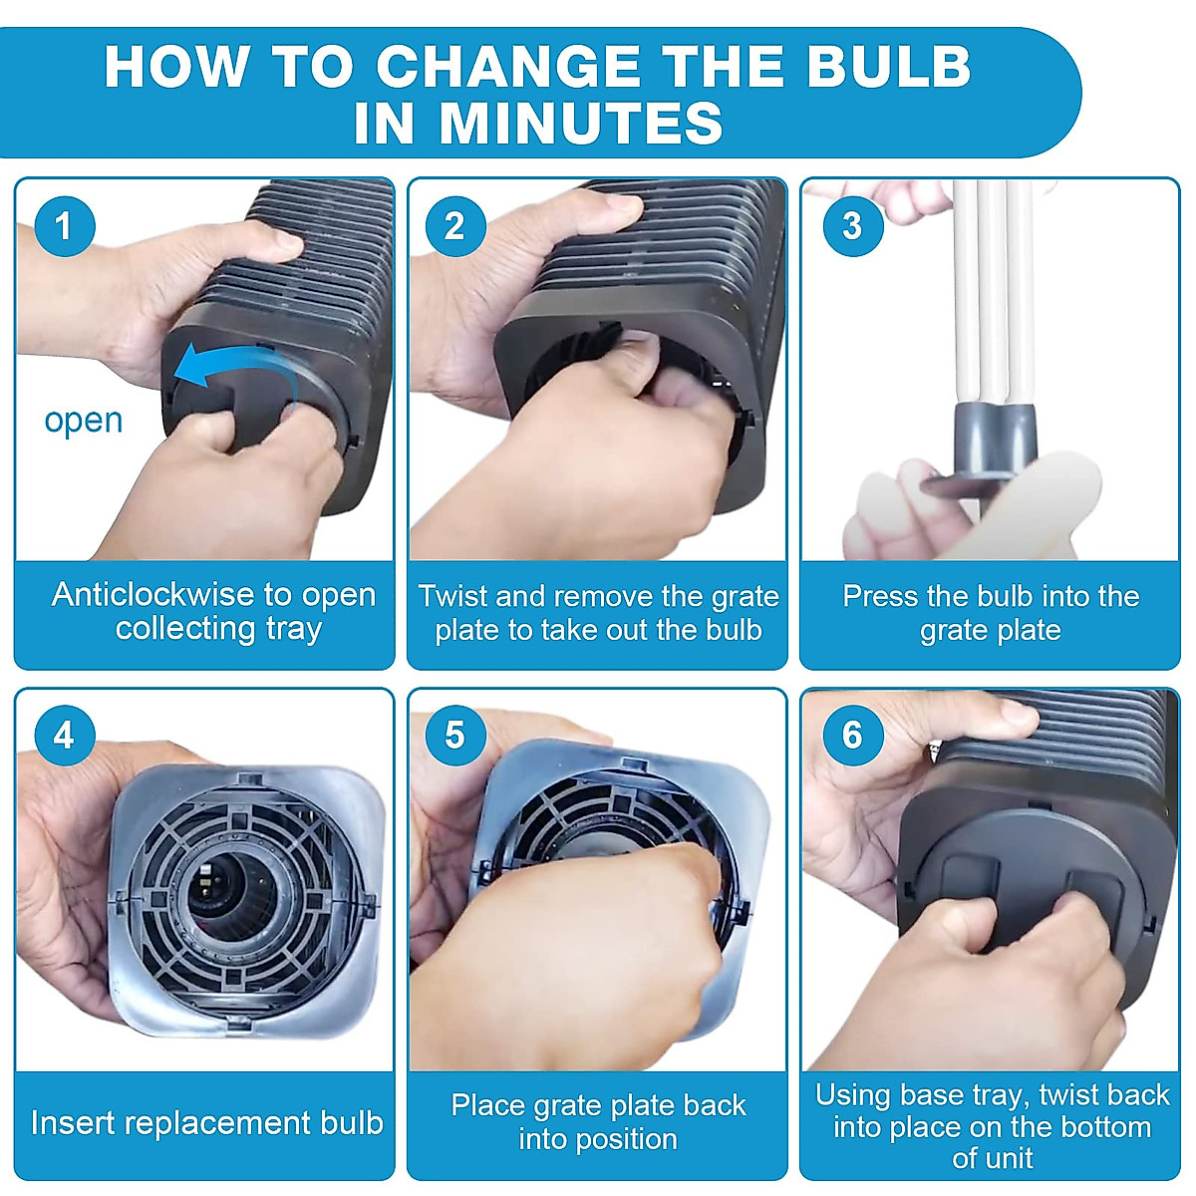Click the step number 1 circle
tap(65, 226)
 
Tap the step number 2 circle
tap(454, 226)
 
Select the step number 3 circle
tap(853, 226)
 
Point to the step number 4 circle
tap(65, 737)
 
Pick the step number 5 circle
tap(454, 737)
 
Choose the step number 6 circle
tap(853, 737)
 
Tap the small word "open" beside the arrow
tap(84, 422)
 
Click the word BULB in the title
tap(888, 67)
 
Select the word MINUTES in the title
tap(581, 123)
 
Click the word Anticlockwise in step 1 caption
tap(153, 595)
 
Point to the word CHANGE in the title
tap(508, 67)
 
